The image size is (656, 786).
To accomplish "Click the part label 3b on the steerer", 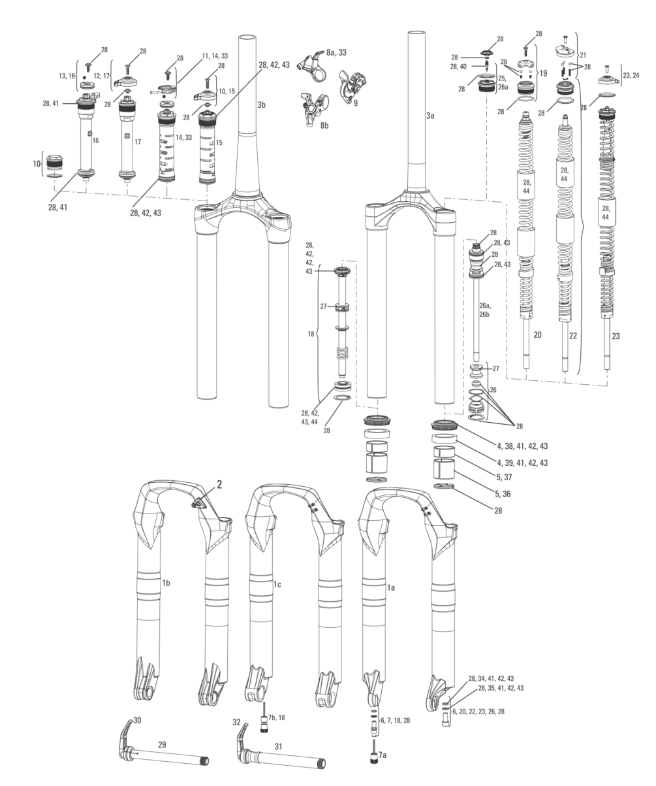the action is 261,105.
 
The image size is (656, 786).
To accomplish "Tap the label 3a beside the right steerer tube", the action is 430,116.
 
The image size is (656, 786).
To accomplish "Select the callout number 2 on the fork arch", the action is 219,484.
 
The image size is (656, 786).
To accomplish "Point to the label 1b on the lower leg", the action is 166,583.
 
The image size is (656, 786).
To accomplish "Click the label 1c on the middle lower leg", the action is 277,584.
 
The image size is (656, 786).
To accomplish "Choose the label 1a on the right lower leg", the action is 391,587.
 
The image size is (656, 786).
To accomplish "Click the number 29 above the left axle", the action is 162,745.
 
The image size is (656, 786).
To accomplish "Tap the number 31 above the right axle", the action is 278,746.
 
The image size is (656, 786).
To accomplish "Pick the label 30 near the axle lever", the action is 137,720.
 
